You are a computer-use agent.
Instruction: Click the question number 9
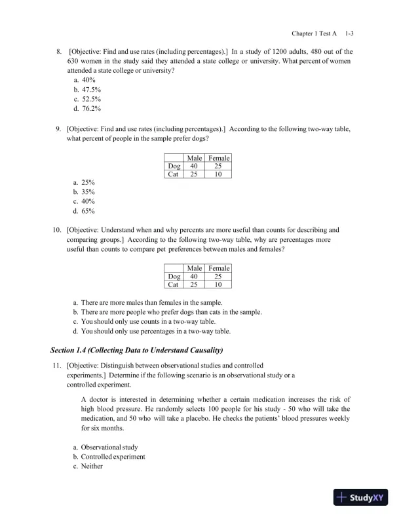[58, 129]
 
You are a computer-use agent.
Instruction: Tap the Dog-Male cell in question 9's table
[194, 166]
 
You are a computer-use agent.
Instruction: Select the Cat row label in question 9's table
[173, 175]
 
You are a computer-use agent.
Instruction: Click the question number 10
[57, 230]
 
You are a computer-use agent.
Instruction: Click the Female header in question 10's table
[219, 268]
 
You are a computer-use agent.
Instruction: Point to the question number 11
[57, 365]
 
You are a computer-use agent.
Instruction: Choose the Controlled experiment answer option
[113, 457]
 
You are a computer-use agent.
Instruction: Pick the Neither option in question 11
[92, 467]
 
